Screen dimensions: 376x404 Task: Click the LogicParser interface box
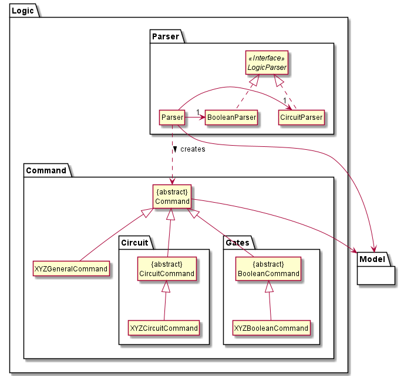(266, 63)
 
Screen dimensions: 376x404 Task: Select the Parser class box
(171, 117)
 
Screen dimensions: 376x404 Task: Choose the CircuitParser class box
(301, 117)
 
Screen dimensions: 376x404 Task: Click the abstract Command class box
(172, 197)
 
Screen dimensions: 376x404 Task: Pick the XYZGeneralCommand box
(70, 269)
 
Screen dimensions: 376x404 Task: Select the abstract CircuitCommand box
(166, 268)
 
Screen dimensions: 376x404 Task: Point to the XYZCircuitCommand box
(164, 328)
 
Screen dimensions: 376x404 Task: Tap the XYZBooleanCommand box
(271, 328)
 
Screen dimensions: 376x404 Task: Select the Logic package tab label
(23, 10)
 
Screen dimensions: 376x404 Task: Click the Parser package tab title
(165, 36)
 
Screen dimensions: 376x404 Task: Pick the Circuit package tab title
(135, 242)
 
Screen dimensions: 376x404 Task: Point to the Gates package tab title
(238, 242)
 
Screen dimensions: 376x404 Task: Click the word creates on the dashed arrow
(193, 149)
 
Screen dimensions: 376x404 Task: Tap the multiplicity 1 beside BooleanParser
(198, 112)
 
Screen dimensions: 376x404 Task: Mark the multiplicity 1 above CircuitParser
(285, 101)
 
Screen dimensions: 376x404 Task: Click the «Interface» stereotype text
(266, 58)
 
